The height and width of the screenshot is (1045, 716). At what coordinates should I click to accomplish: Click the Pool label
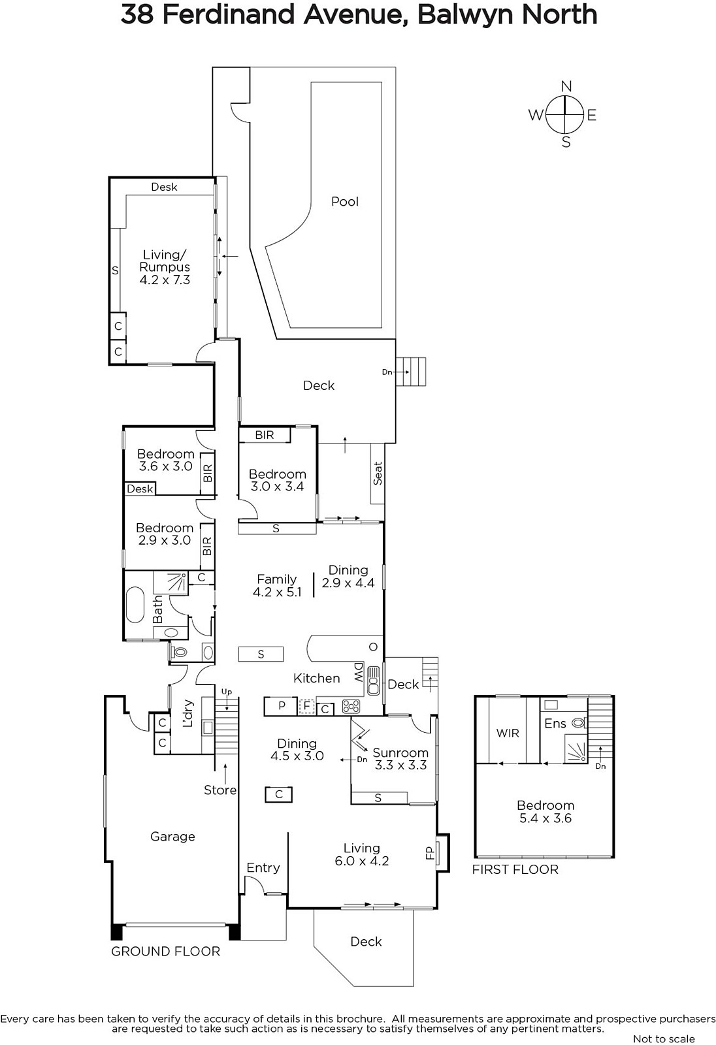coord(345,202)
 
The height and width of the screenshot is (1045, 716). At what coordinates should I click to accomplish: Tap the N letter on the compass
coord(566,86)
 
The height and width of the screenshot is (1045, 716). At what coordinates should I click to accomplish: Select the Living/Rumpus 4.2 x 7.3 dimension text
coord(165,280)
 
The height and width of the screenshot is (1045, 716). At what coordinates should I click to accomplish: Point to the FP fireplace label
coord(431,852)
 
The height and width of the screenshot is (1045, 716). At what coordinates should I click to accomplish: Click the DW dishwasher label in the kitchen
coord(359,672)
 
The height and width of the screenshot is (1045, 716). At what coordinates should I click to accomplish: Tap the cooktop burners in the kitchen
coord(351,706)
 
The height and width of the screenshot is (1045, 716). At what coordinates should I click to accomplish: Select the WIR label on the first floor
coord(508,733)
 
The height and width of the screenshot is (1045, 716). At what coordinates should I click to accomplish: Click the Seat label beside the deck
coord(378,473)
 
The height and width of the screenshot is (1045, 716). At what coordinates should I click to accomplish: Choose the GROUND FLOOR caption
coord(165,952)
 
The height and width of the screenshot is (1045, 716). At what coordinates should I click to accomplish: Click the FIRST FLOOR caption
coord(515,869)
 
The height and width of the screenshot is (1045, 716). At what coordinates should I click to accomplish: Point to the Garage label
coord(172,837)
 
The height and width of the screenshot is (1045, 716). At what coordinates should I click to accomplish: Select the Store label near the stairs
coord(220,790)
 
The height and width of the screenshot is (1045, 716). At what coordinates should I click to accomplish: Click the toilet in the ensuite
coord(579,724)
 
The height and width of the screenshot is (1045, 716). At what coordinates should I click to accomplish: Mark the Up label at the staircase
coord(227,692)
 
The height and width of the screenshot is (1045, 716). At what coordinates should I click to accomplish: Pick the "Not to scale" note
coord(664,1038)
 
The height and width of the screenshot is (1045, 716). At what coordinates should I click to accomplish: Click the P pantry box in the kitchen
coord(281,706)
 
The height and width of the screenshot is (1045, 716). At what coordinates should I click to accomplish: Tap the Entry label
coord(263,868)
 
